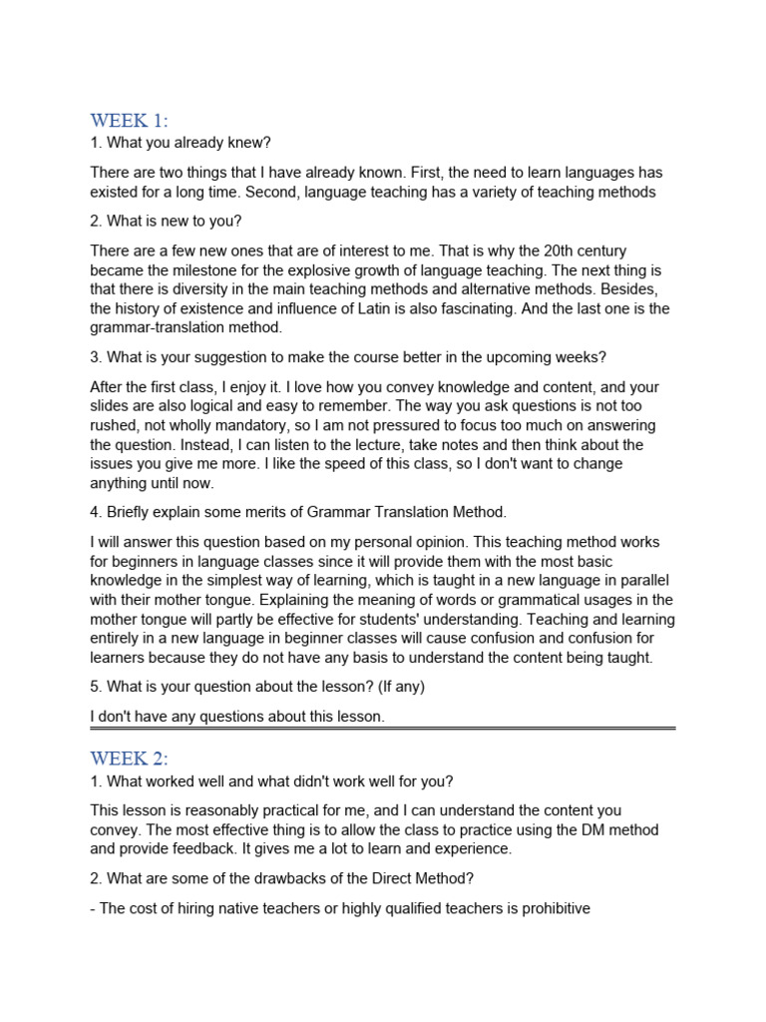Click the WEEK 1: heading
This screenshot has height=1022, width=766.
tap(129, 121)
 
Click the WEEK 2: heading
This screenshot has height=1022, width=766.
tap(129, 758)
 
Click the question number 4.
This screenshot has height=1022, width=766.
tap(95, 512)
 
